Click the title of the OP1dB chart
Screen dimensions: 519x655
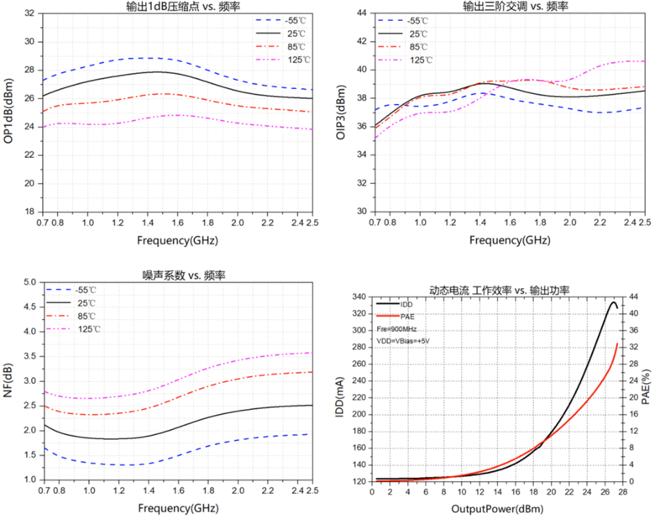(176, 7)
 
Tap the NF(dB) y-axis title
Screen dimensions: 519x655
(8, 380)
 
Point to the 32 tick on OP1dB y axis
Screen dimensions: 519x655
(30, 13)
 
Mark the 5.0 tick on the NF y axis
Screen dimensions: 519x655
(29, 282)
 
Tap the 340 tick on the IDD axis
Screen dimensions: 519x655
(359, 296)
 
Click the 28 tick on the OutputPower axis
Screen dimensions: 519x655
(622, 491)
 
